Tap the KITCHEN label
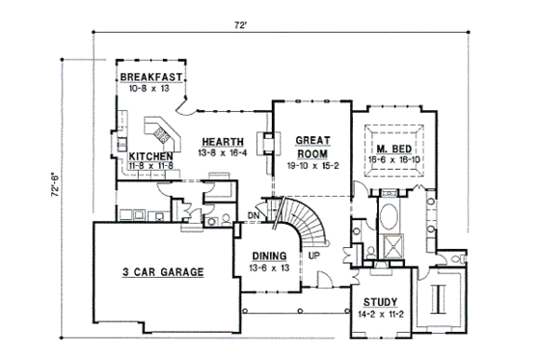click(151, 155)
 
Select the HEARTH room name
click(222, 141)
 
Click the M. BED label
click(388, 148)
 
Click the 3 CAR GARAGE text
click(163, 273)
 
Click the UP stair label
click(314, 256)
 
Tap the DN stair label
click(254, 215)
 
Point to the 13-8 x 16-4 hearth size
click(222, 152)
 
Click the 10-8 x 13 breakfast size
click(150, 88)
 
